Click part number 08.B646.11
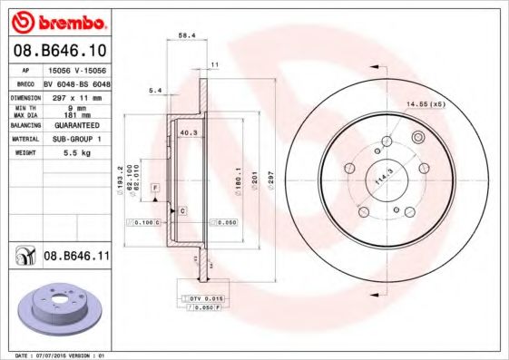click(76, 258)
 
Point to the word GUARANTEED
click(76, 125)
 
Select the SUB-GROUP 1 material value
click(76, 140)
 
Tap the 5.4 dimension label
click(154, 91)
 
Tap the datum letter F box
click(155, 187)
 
